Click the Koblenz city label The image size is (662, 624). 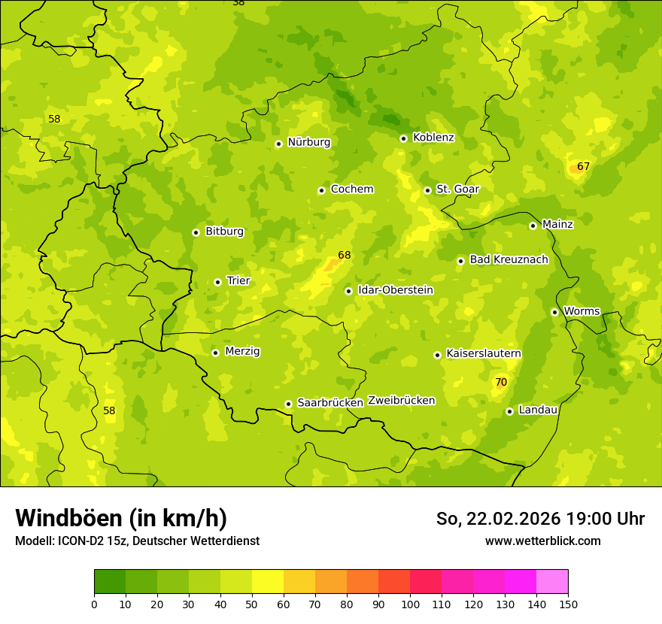[x=433, y=138]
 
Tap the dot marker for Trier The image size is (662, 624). [x=217, y=282]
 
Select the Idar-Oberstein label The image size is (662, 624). [x=396, y=290]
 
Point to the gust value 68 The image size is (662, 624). [x=345, y=256]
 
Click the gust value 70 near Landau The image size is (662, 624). [x=501, y=383]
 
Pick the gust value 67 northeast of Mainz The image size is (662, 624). [x=584, y=166]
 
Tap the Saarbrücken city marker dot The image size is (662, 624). [x=288, y=404]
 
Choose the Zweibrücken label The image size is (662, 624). [x=401, y=401]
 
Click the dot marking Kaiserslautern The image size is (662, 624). [x=437, y=355]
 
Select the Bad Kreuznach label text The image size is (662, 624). [x=509, y=259]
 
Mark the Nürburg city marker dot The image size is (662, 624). [x=278, y=144]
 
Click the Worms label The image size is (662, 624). [x=582, y=311]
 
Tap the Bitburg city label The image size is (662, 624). [x=224, y=232]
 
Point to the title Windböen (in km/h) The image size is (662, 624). [x=121, y=518]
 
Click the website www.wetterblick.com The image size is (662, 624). [x=542, y=541]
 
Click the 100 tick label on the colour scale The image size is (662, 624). [x=410, y=604]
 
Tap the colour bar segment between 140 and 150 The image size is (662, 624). [x=552, y=581]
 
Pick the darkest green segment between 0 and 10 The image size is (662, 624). [x=110, y=581]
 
